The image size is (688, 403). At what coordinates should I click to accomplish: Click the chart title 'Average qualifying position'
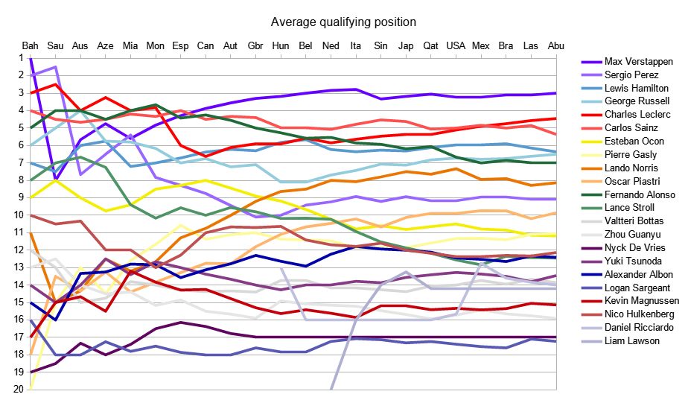[x=343, y=22]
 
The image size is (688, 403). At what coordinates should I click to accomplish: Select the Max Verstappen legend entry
[x=638, y=61]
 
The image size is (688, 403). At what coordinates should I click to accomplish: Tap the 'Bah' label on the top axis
[x=31, y=45]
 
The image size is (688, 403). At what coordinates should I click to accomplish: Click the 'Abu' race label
[x=556, y=45]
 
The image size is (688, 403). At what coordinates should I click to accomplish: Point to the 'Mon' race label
[x=155, y=45]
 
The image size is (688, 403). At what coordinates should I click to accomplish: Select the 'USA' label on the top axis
[x=456, y=45]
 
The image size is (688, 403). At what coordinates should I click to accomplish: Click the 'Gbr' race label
[x=255, y=45]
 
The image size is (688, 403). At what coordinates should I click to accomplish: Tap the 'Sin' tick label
[x=380, y=45]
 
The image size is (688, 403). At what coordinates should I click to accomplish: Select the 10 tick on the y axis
[x=19, y=215]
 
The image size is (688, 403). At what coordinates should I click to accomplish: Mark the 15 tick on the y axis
[x=19, y=302]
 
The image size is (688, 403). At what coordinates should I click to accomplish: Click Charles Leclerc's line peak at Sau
[x=55, y=84]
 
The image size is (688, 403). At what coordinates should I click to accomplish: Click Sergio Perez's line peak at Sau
[x=55, y=67]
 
